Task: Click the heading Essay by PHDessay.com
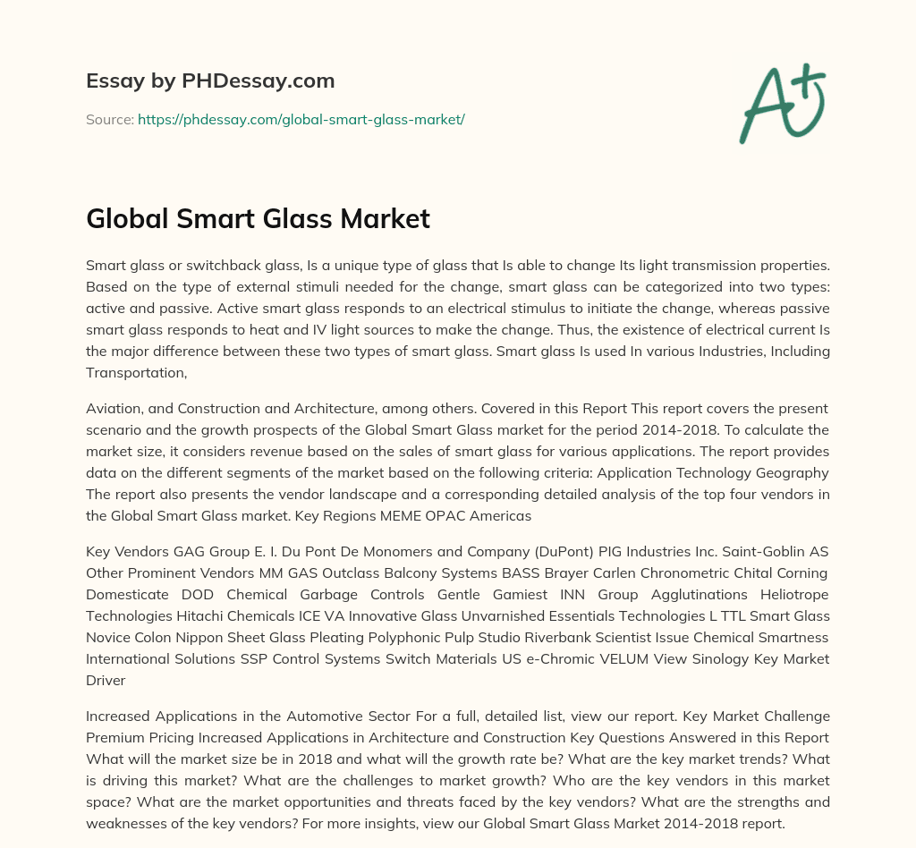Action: pyautogui.click(x=210, y=81)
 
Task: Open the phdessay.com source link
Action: pyautogui.click(x=301, y=119)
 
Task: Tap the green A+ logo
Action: pyautogui.click(x=781, y=104)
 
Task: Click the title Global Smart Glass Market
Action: pyautogui.click(x=258, y=219)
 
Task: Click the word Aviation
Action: pyautogui.click(x=114, y=408)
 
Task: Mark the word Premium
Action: pyautogui.click(x=114, y=737)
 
